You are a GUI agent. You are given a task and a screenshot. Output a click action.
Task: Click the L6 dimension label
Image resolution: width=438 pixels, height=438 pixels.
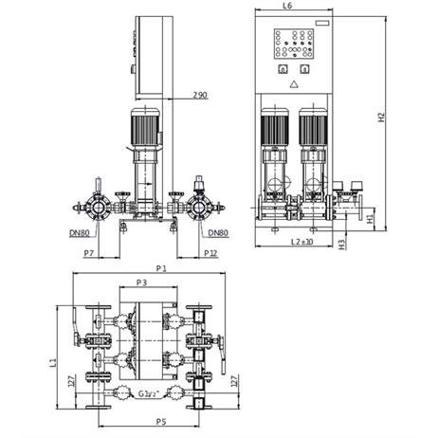(x=287, y=6)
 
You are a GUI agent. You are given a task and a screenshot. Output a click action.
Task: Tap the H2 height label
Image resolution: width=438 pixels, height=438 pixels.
(x=382, y=118)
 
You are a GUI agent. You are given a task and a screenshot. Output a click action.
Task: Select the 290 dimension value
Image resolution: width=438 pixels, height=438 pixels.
(x=200, y=95)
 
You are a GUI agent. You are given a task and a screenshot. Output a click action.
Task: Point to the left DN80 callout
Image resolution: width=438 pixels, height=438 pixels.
(x=80, y=233)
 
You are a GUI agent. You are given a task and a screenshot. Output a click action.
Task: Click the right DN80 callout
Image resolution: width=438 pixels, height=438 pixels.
(x=218, y=233)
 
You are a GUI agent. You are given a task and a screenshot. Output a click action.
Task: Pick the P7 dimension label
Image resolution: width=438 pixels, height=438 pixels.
(x=89, y=253)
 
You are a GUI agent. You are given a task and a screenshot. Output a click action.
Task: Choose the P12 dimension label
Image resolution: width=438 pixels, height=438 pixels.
(x=210, y=253)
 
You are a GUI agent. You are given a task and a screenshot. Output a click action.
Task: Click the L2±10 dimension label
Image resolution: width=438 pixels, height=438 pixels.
(x=301, y=242)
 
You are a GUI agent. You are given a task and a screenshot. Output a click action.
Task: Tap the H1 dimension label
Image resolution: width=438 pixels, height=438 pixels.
(x=370, y=219)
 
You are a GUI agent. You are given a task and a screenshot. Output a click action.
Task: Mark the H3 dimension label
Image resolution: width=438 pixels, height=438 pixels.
(x=342, y=245)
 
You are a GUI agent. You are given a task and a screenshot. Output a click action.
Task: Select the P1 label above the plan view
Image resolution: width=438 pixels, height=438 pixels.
(x=161, y=268)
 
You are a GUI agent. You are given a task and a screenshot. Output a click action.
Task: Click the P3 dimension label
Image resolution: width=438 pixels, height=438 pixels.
(x=142, y=283)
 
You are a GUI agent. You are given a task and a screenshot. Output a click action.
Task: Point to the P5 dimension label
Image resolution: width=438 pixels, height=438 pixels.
(x=161, y=422)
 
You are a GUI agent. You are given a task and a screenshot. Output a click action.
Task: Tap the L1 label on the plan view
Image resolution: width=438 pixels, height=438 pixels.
(x=54, y=362)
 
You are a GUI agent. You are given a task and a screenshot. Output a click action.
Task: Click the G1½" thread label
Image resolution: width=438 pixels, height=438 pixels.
(x=148, y=393)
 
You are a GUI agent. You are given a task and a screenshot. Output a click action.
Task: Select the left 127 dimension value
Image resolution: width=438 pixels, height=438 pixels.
(x=72, y=381)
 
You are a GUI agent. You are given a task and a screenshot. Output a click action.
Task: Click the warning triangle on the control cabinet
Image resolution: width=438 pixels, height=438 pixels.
(x=294, y=84)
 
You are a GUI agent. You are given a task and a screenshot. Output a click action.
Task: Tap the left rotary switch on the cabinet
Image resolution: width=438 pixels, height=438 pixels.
(x=283, y=69)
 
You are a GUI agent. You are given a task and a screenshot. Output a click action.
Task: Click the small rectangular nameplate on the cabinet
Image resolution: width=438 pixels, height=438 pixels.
(x=322, y=23)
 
